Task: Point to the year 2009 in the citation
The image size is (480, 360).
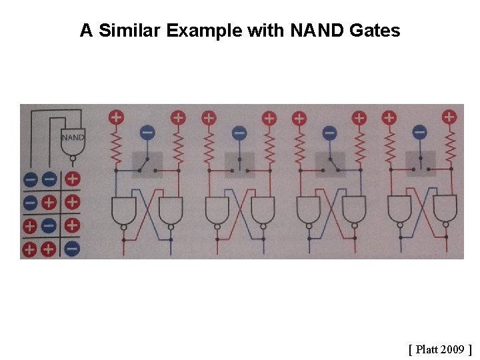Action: click(453, 349)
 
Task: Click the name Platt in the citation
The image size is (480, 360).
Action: click(427, 349)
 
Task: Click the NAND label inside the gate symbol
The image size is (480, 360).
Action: click(73, 138)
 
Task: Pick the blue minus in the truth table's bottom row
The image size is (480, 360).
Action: click(72, 249)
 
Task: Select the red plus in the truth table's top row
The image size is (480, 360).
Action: click(72, 179)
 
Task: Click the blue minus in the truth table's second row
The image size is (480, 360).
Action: click(31, 202)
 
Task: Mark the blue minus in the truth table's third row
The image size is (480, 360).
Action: click(49, 225)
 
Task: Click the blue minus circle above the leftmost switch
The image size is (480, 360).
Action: click(147, 133)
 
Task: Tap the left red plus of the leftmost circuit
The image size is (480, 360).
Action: click(116, 117)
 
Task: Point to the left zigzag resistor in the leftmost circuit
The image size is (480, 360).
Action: click(116, 147)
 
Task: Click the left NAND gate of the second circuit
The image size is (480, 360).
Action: click(216, 211)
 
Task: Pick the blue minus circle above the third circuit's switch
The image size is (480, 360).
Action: click(329, 133)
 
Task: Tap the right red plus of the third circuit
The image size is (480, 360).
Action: click(359, 118)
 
